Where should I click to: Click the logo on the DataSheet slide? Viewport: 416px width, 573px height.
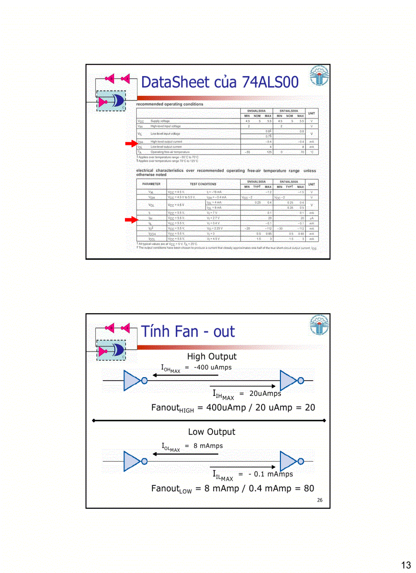pyautogui.click(x=320, y=76)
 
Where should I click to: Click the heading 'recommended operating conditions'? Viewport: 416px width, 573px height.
pyautogui.click(x=170, y=104)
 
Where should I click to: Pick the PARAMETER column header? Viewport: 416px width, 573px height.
pyautogui.click(x=151, y=184)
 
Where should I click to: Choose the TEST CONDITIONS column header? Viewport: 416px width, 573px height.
pyautogui.click(x=203, y=184)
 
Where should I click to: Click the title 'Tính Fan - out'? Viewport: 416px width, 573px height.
pyautogui.click(x=188, y=332)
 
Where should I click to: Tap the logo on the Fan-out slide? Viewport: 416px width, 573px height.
pyautogui.click(x=320, y=325)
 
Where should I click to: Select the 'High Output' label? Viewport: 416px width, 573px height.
pyautogui.click(x=212, y=357)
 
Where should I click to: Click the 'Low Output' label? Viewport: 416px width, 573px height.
pyautogui.click(x=212, y=432)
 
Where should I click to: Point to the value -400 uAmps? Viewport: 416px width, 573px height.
pyautogui.click(x=213, y=367)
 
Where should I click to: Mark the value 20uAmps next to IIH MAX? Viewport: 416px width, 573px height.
pyautogui.click(x=265, y=393)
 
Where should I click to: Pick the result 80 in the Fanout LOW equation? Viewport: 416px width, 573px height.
pyautogui.click(x=308, y=488)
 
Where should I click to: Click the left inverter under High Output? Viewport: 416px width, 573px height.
pyautogui.click(x=133, y=381)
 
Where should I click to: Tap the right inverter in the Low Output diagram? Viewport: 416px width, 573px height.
pyautogui.click(x=290, y=461)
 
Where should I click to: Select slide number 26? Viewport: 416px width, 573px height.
pyautogui.click(x=320, y=500)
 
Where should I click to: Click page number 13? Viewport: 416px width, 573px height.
pyautogui.click(x=406, y=565)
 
